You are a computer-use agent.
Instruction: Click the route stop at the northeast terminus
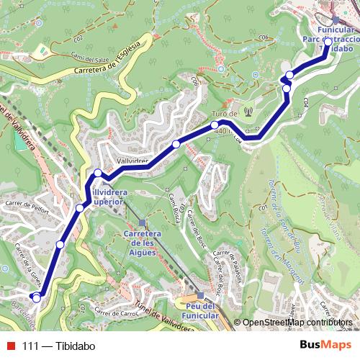[328, 42]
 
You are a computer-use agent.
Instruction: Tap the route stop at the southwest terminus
[37, 296]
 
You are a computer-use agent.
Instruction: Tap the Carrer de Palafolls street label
[228, 261]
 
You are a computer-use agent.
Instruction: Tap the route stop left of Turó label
[176, 145]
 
